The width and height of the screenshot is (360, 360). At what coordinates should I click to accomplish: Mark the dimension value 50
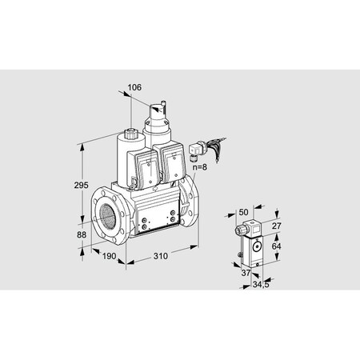pos(243,212)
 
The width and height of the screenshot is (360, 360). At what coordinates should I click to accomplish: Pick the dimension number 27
pos(277,226)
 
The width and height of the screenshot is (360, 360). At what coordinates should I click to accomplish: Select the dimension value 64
pos(277,246)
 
